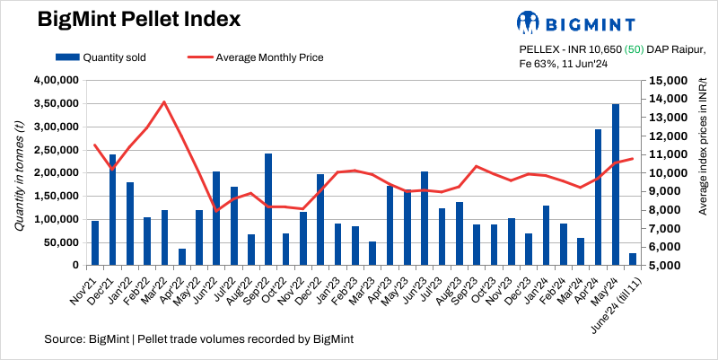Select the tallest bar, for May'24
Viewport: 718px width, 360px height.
tap(616, 185)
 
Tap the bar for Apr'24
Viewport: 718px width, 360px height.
tap(598, 198)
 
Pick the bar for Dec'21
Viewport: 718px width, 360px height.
tap(112, 210)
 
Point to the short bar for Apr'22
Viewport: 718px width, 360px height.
tap(182, 257)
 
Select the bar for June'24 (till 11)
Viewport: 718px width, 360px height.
tap(633, 259)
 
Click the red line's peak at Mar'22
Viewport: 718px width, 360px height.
tap(164, 101)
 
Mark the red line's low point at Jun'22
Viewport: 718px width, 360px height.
tap(216, 211)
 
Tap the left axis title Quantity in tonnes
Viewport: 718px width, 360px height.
tap(19, 173)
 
